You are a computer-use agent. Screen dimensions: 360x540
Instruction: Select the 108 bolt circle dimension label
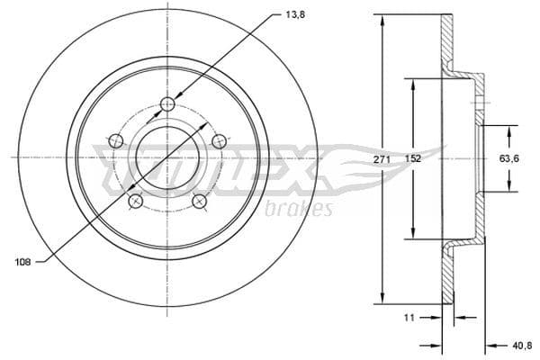coord(24,262)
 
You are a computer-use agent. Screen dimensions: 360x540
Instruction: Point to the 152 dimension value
coord(412,159)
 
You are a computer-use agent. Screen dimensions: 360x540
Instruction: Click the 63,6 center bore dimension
coord(510,159)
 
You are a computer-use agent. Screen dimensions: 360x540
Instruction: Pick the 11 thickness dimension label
coord(409,318)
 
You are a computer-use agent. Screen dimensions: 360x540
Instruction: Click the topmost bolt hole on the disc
coord(167,104)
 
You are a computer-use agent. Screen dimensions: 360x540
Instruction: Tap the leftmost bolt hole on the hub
coord(115,140)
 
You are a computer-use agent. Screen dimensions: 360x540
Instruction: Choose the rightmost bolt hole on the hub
coord(219,140)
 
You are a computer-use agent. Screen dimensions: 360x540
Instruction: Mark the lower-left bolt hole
coord(135,201)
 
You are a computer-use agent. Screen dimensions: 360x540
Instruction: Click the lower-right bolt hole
coord(199,201)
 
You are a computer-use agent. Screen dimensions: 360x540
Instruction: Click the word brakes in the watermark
coord(300,209)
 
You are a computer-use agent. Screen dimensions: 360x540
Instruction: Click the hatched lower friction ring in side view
coord(446,279)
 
